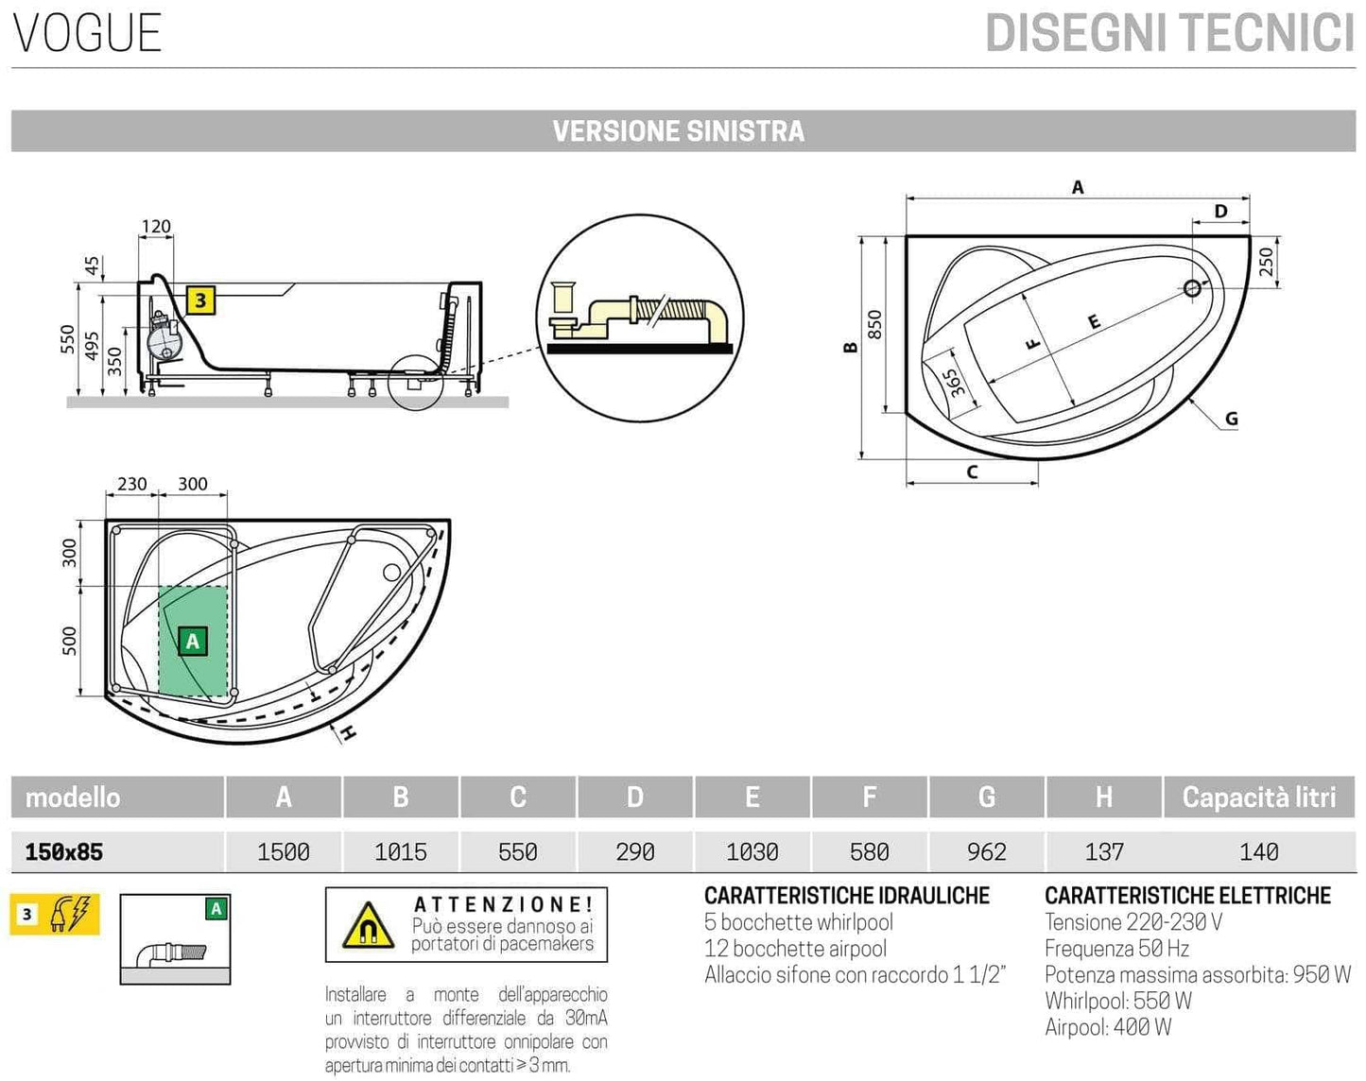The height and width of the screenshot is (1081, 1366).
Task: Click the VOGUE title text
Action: tap(87, 33)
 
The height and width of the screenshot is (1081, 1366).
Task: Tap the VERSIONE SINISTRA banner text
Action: tap(678, 131)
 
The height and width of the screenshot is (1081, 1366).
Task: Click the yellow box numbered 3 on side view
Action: tap(200, 301)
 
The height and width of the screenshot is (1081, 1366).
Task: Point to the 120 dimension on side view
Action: tap(156, 227)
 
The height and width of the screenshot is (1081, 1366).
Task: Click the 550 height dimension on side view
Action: tap(67, 339)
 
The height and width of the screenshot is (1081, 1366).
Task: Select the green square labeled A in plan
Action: tap(193, 642)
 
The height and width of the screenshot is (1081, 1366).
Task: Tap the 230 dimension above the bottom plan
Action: tap(131, 484)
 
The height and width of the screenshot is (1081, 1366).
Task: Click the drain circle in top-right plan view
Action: tap(1192, 288)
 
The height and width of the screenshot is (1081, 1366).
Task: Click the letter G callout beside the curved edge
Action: tap(1231, 419)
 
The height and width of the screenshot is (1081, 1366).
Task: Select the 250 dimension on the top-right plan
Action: tap(1267, 261)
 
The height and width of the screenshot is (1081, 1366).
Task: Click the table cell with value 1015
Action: tap(400, 852)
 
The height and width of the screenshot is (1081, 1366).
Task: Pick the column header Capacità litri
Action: tap(1258, 798)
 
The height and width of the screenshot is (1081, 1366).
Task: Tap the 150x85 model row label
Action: tap(63, 852)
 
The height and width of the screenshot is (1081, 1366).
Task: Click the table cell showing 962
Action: tap(986, 852)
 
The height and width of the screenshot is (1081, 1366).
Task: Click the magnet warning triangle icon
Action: tap(368, 925)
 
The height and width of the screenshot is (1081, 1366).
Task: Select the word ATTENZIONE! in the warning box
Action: tap(503, 905)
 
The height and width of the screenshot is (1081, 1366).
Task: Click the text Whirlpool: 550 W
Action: tap(1117, 1001)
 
